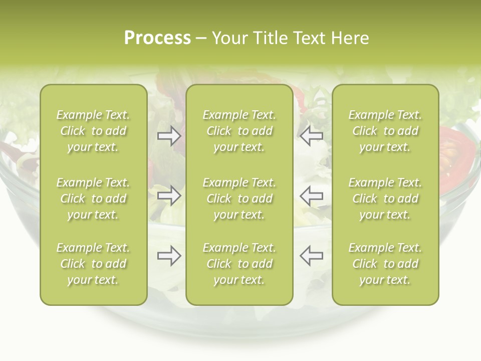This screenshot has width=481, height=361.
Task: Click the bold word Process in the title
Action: tap(157, 38)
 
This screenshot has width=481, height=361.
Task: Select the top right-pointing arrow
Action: tap(169, 136)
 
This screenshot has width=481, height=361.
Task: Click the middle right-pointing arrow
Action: tap(169, 196)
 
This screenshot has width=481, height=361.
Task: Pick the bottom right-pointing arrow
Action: tap(169, 256)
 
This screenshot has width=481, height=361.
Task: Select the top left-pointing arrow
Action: tap(312, 136)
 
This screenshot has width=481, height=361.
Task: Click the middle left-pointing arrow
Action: tap(312, 196)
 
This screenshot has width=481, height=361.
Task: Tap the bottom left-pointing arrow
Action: tap(312, 256)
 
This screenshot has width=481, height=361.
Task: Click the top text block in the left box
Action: tap(93, 131)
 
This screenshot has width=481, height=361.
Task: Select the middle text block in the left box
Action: tap(93, 199)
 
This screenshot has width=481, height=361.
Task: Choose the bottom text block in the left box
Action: tap(93, 264)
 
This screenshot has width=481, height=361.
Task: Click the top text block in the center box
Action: tap(239, 131)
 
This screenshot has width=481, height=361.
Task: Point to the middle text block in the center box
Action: tap(239, 199)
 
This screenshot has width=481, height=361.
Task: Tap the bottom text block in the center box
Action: tap(239, 264)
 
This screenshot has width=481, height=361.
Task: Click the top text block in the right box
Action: tap(385, 131)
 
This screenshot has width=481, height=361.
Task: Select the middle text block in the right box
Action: tap(385, 199)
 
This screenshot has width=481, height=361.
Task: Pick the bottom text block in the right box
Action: tap(385, 264)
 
